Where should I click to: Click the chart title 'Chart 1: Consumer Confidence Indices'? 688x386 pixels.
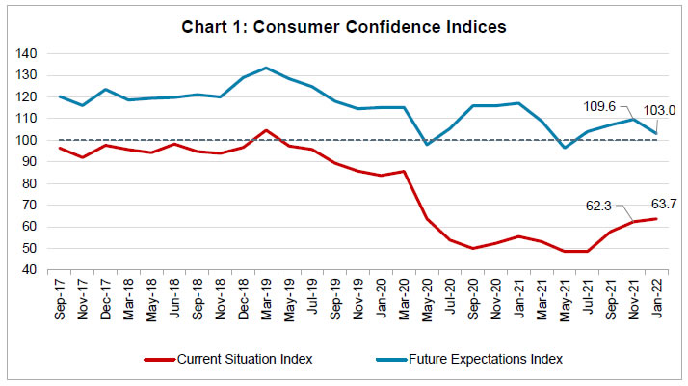tap(344, 26)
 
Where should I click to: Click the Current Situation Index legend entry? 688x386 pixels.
tap(238, 359)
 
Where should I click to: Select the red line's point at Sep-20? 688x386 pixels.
tap(473, 248)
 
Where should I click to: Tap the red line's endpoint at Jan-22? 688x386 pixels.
tap(658, 218)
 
